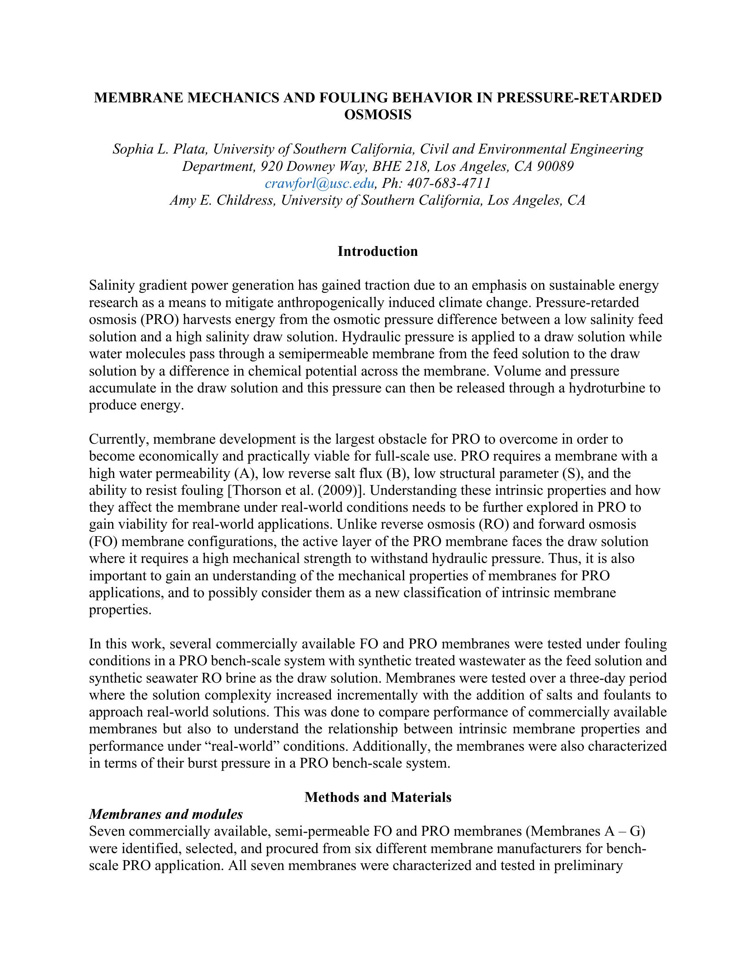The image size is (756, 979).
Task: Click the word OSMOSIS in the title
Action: pos(378,115)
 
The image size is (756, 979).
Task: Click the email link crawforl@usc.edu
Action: pos(319,183)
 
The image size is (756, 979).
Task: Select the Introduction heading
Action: pos(378,251)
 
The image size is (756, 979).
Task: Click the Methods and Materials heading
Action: pos(378,797)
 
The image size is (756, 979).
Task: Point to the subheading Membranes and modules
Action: pos(166,814)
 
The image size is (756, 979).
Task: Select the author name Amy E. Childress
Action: pos(222,200)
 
